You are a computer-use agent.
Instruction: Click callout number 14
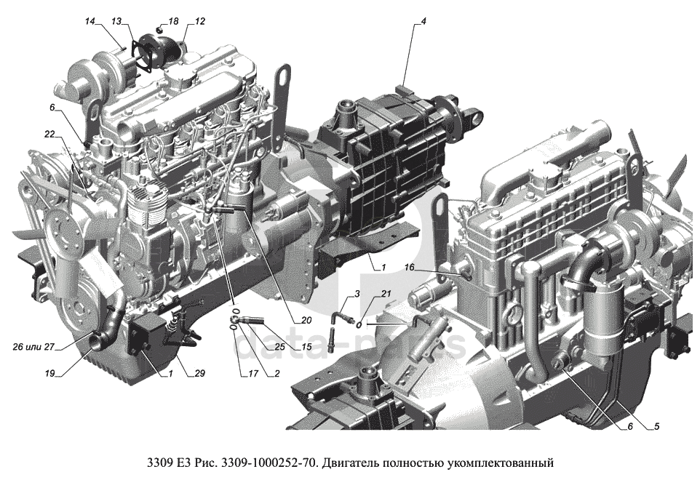90,21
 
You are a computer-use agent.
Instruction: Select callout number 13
116,21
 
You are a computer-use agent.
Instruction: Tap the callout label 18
173,21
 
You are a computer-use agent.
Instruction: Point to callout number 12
199,21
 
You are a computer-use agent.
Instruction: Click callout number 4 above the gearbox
423,21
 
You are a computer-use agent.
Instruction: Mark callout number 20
306,320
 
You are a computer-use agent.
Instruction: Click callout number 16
410,267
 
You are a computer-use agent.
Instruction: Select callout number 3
357,293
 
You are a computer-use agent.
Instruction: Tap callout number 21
386,293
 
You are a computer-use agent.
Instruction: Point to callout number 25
279,347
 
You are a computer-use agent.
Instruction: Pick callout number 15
306,347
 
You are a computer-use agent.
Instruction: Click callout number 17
253,373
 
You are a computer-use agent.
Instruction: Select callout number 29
199,373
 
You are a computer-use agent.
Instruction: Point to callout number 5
656,426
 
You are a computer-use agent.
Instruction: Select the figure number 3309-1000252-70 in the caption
270,463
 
